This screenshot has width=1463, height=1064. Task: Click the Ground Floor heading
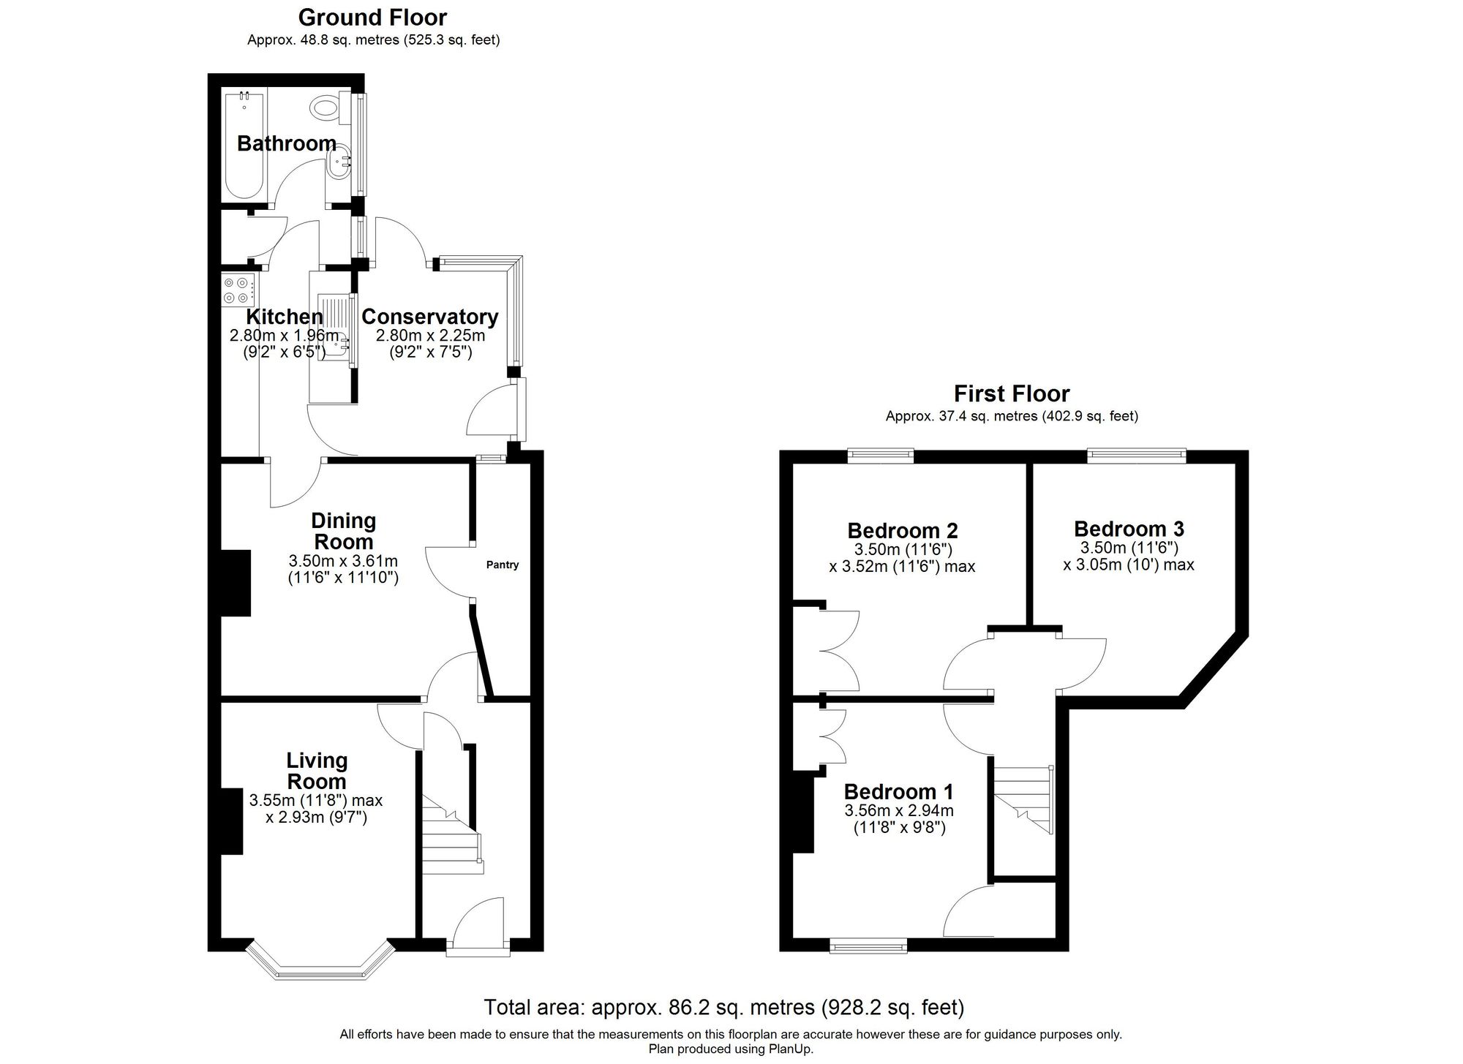click(372, 17)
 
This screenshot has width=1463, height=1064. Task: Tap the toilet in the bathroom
click(327, 108)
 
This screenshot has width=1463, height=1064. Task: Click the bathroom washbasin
click(339, 166)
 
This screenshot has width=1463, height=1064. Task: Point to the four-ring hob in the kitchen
click(237, 290)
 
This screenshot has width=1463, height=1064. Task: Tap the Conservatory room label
click(429, 317)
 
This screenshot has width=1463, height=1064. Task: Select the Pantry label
click(503, 565)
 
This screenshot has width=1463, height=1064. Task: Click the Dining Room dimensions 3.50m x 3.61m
click(343, 561)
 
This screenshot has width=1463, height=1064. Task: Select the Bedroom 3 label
click(1129, 529)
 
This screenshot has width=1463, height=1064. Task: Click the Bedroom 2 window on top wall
click(881, 456)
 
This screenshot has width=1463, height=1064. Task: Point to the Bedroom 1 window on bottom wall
click(868, 947)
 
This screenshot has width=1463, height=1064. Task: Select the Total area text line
click(723, 1008)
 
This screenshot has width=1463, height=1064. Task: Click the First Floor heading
click(1011, 393)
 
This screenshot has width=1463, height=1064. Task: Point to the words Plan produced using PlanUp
click(730, 1049)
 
